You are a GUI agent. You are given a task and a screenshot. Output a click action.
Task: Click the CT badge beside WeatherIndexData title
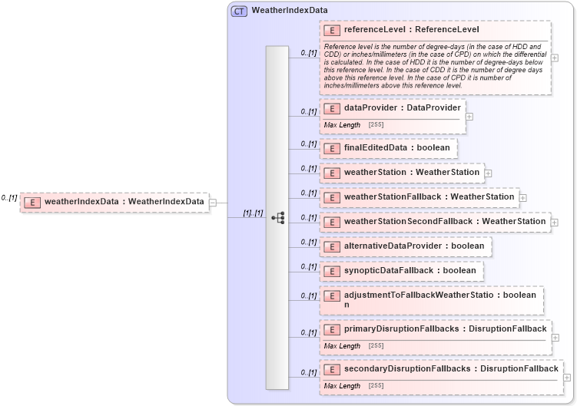point(239,11)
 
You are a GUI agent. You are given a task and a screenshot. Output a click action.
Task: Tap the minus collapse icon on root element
point(213,203)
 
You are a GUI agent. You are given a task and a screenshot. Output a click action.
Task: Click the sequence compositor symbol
point(277,218)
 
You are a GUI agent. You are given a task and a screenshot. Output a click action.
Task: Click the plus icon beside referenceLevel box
point(555,58)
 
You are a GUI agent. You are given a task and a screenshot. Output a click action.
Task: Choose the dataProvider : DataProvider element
point(402,108)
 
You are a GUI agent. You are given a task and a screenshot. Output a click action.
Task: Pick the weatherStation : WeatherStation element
point(411,173)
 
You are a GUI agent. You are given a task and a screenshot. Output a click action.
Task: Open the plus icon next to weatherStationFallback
point(523,197)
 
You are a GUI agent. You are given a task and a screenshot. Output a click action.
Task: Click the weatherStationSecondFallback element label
point(444,222)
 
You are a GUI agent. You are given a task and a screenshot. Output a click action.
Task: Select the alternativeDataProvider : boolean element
point(413,246)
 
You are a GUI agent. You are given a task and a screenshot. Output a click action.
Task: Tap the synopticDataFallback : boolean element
point(410,271)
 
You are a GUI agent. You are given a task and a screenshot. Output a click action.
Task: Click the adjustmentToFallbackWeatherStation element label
point(429,295)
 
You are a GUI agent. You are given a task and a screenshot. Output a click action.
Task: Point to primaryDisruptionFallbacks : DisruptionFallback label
point(445,328)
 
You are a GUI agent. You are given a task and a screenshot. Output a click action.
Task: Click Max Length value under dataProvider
point(376,124)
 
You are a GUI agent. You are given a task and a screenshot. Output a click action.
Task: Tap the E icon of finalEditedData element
point(332,148)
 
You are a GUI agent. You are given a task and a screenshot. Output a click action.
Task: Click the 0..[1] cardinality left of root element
point(9,197)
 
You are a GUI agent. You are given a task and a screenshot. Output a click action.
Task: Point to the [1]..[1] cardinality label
point(253,213)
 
